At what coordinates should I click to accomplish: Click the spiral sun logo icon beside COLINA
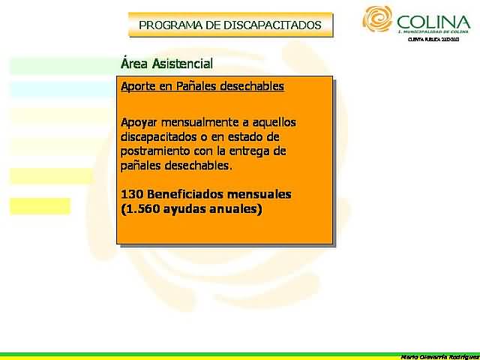377,19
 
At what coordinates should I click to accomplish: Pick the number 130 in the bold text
131,194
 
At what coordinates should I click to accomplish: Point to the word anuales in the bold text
232,209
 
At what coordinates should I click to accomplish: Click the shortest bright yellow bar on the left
40,205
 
